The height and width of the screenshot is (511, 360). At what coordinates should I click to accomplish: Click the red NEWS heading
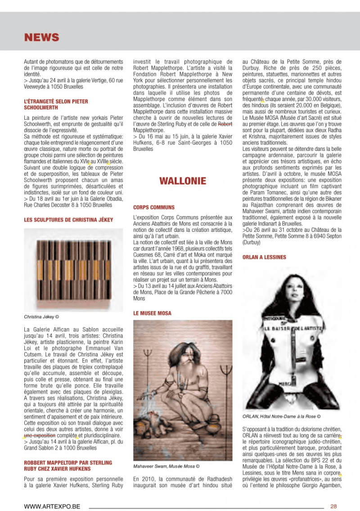41,37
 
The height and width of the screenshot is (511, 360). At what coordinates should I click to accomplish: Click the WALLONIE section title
183,181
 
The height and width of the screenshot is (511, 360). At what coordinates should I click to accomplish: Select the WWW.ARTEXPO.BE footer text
54,506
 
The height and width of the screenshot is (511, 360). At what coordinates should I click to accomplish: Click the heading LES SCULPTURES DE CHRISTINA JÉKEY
68,220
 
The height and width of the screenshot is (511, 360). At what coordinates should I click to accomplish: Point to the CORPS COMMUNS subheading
154,208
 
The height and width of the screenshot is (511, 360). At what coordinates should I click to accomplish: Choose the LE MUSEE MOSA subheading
152,312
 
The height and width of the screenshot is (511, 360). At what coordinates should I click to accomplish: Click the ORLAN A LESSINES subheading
264,257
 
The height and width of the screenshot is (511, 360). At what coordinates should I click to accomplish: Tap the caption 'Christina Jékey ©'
41,317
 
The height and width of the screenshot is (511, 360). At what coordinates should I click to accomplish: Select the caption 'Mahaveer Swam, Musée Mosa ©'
166,466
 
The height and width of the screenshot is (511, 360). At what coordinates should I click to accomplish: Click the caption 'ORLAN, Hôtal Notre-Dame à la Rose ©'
281,416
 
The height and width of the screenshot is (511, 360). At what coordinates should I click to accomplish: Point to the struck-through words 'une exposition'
39,436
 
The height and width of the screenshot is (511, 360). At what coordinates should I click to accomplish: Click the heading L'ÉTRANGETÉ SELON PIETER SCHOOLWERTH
56,105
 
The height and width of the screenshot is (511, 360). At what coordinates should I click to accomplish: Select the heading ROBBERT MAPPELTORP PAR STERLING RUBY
68,466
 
